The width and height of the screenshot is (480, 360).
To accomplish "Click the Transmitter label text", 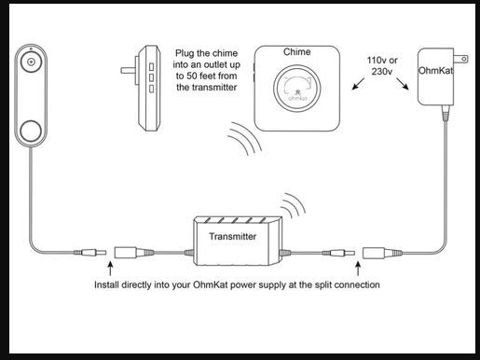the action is pos(232,237).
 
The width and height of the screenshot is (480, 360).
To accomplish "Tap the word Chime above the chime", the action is pos(296,52).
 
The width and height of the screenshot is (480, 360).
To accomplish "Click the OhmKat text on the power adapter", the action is pos(435,71).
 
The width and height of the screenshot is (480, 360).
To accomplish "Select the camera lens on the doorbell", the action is pos(31,62).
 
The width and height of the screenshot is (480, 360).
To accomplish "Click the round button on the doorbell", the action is pos(31,132).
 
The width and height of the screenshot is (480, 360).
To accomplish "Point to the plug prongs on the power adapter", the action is pos(460,59).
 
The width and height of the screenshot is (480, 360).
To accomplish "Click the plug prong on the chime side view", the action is pos(128,71).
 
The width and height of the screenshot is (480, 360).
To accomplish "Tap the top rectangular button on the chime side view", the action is pos(151,67).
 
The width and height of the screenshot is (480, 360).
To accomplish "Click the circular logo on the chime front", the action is pos(296,89).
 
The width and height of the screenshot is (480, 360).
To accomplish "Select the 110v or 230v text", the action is pos(382,66).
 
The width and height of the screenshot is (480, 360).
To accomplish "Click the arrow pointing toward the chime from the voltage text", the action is pos(358,84).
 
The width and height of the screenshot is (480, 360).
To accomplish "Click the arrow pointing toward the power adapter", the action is pos(403,84).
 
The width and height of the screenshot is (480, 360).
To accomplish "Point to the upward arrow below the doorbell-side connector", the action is pos(110,269).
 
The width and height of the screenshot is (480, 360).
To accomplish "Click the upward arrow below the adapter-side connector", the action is pos(358,269).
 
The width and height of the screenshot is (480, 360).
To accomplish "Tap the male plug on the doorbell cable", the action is pos(90,253).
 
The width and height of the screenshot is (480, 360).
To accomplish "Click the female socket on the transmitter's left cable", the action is pos(134,253).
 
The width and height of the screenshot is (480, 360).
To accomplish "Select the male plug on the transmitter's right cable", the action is pos(338,253).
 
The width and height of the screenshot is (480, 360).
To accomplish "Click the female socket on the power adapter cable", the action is pos(382,253).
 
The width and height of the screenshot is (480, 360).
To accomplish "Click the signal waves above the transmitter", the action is pos(293,205).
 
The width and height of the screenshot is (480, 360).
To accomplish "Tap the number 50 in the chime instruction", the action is pos(192,76).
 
